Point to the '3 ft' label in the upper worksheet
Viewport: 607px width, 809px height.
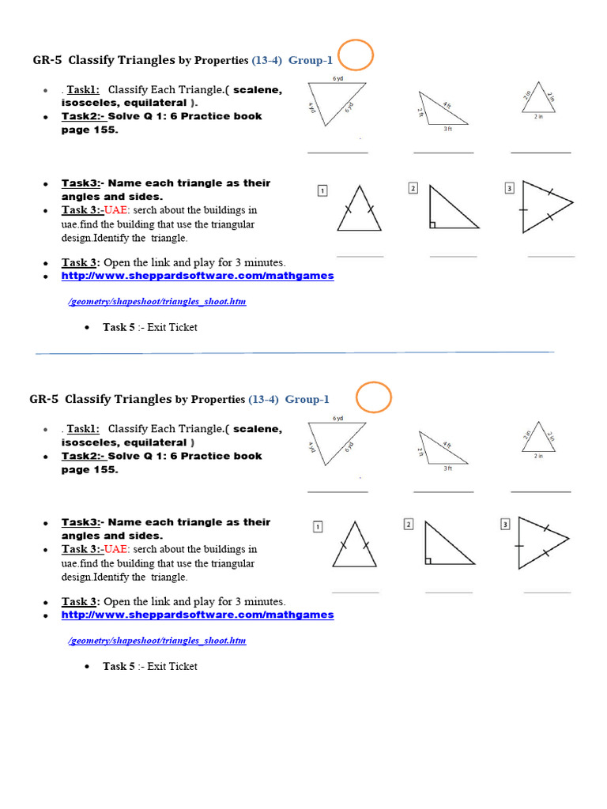click(447, 129)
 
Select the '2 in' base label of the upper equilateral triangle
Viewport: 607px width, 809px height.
click(538, 116)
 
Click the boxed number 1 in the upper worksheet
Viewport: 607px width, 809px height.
click(322, 190)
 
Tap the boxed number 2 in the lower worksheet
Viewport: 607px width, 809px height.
click(409, 524)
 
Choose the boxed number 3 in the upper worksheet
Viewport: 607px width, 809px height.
click(510, 188)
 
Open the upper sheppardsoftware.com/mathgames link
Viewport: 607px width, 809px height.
click(198, 276)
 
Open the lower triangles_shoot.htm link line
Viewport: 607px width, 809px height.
click(157, 640)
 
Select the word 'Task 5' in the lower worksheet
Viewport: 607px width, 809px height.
click(119, 666)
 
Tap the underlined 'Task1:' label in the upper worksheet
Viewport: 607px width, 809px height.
click(83, 90)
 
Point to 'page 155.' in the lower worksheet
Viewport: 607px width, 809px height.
click(89, 469)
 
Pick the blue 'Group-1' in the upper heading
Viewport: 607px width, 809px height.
click(311, 60)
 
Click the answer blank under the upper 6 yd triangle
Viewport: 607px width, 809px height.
click(337, 152)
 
